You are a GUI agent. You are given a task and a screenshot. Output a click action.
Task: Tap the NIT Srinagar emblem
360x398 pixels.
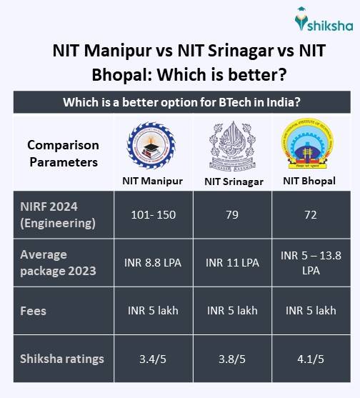(233, 145)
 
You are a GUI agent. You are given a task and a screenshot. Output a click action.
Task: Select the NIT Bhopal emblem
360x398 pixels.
(310, 145)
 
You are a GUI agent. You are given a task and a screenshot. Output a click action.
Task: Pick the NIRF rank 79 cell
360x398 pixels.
(232, 215)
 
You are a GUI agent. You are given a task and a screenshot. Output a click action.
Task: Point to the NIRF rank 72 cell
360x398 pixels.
(310, 215)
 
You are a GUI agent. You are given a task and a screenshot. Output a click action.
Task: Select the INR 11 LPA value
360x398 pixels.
(232, 262)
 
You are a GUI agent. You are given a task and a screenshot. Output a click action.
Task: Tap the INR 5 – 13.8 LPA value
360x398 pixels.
(310, 262)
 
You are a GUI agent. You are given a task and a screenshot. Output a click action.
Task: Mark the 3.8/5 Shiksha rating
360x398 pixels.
(232, 359)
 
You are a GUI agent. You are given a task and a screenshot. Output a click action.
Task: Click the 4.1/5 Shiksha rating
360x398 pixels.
(310, 359)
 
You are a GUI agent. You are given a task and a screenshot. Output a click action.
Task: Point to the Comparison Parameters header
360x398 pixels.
(63, 154)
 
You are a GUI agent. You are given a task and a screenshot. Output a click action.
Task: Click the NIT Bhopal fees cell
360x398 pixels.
(310, 311)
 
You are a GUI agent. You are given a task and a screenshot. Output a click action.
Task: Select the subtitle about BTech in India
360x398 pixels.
(181, 102)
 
